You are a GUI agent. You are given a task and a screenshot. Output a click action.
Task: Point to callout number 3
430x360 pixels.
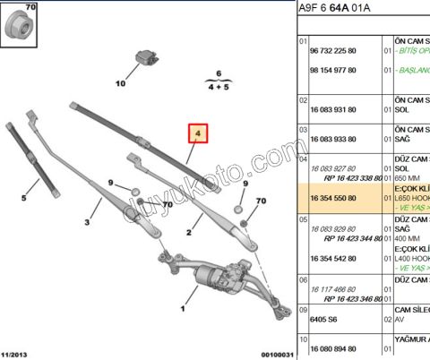(x=88, y=222)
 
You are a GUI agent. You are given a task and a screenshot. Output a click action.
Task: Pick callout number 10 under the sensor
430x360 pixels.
(x=121, y=85)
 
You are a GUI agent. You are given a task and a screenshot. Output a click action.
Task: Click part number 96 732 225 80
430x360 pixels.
(x=333, y=51)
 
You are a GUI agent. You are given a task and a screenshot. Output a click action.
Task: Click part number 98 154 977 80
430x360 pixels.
(x=333, y=69)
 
